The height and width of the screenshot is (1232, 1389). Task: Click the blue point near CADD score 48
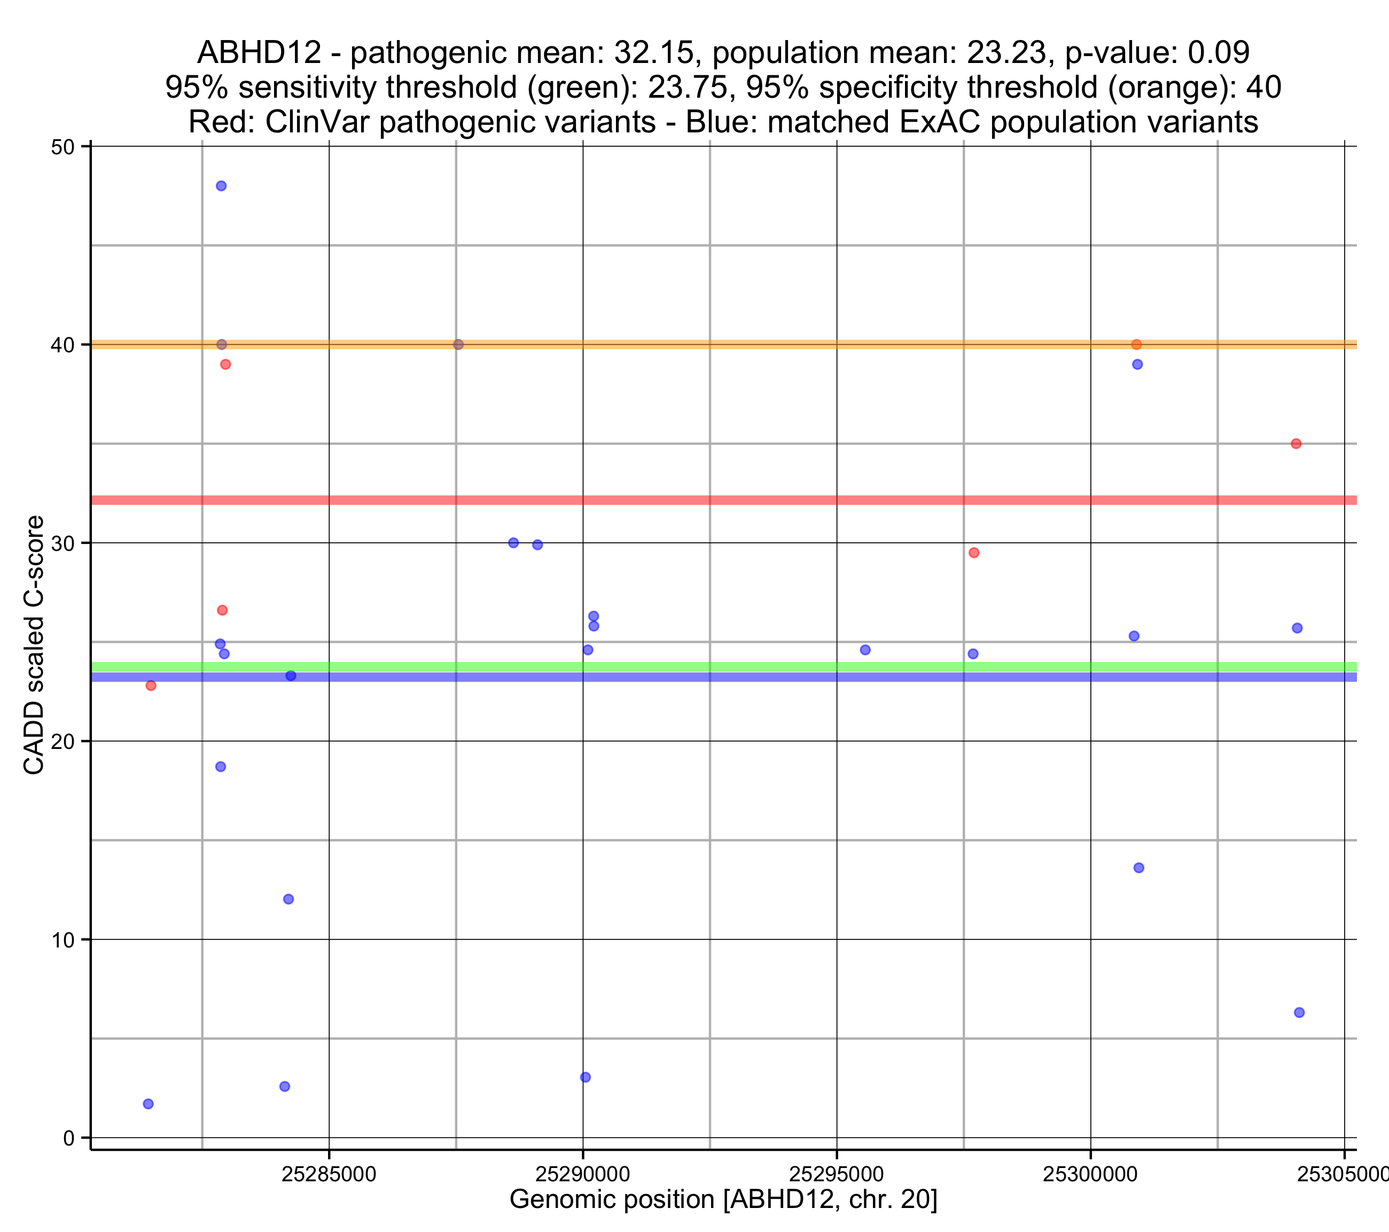[221, 186]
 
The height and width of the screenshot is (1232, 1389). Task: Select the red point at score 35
[1296, 444]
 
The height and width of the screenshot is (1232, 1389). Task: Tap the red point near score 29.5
[974, 553]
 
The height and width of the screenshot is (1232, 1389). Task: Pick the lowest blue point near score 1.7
[148, 1104]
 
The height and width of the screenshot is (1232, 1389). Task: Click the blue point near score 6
[1299, 1013]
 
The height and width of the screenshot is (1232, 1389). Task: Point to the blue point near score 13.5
[1139, 868]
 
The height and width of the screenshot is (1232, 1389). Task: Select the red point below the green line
[151, 685]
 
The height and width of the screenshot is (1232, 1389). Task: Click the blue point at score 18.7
[220, 767]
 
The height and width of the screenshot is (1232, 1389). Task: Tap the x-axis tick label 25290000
[582, 1174]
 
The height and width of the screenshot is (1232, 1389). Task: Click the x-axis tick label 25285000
[329, 1174]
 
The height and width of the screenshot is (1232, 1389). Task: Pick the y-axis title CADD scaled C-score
[34, 645]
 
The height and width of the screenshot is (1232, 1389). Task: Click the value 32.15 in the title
[654, 52]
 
